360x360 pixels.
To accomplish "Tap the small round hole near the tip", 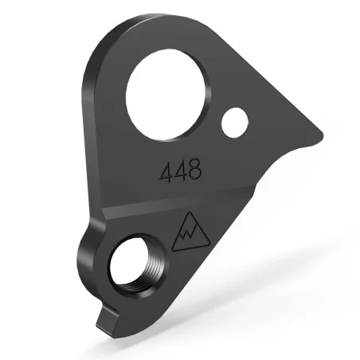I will [x=234, y=123].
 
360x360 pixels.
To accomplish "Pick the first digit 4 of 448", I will [x=165, y=172].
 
